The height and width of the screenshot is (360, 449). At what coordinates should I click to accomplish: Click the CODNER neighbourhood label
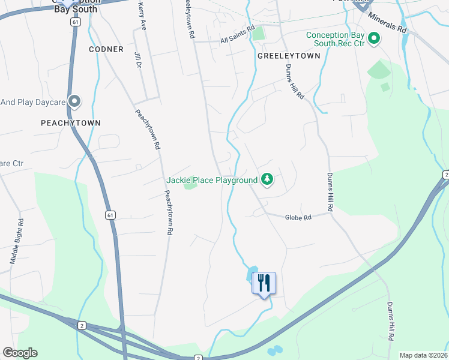(106, 49)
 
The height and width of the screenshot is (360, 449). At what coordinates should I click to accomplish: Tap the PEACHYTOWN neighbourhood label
(70, 122)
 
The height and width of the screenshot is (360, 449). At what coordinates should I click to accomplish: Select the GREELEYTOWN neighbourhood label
(289, 55)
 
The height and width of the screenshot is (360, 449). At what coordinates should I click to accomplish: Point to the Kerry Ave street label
(142, 16)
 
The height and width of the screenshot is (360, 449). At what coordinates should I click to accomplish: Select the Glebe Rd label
(298, 218)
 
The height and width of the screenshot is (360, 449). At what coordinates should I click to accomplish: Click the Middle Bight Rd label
(16, 241)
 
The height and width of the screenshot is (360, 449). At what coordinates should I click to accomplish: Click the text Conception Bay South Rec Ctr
(335, 40)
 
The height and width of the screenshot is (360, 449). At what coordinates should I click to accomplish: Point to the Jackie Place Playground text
(211, 180)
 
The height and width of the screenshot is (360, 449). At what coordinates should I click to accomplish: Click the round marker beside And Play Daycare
(74, 101)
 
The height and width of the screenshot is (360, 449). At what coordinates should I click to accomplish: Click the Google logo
(20, 353)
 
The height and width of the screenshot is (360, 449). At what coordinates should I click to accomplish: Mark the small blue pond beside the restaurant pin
(251, 275)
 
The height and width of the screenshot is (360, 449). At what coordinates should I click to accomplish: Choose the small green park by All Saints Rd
(258, 34)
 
